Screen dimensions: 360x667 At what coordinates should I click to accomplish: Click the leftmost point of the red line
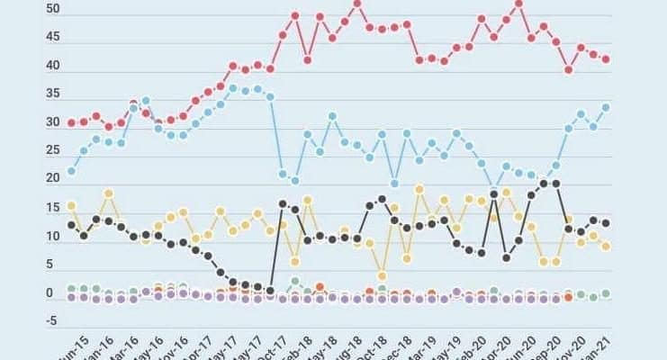tap(72, 122)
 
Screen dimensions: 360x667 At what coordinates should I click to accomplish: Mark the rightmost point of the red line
tap(606, 59)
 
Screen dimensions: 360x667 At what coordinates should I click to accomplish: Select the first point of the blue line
tap(72, 171)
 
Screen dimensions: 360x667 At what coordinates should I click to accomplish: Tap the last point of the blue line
tap(606, 107)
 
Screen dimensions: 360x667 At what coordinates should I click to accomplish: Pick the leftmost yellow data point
tap(72, 206)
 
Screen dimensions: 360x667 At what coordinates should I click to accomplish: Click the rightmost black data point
tap(606, 223)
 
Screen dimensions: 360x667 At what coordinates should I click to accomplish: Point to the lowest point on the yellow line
tap(382, 275)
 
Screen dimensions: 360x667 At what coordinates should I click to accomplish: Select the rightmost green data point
tap(606, 293)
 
